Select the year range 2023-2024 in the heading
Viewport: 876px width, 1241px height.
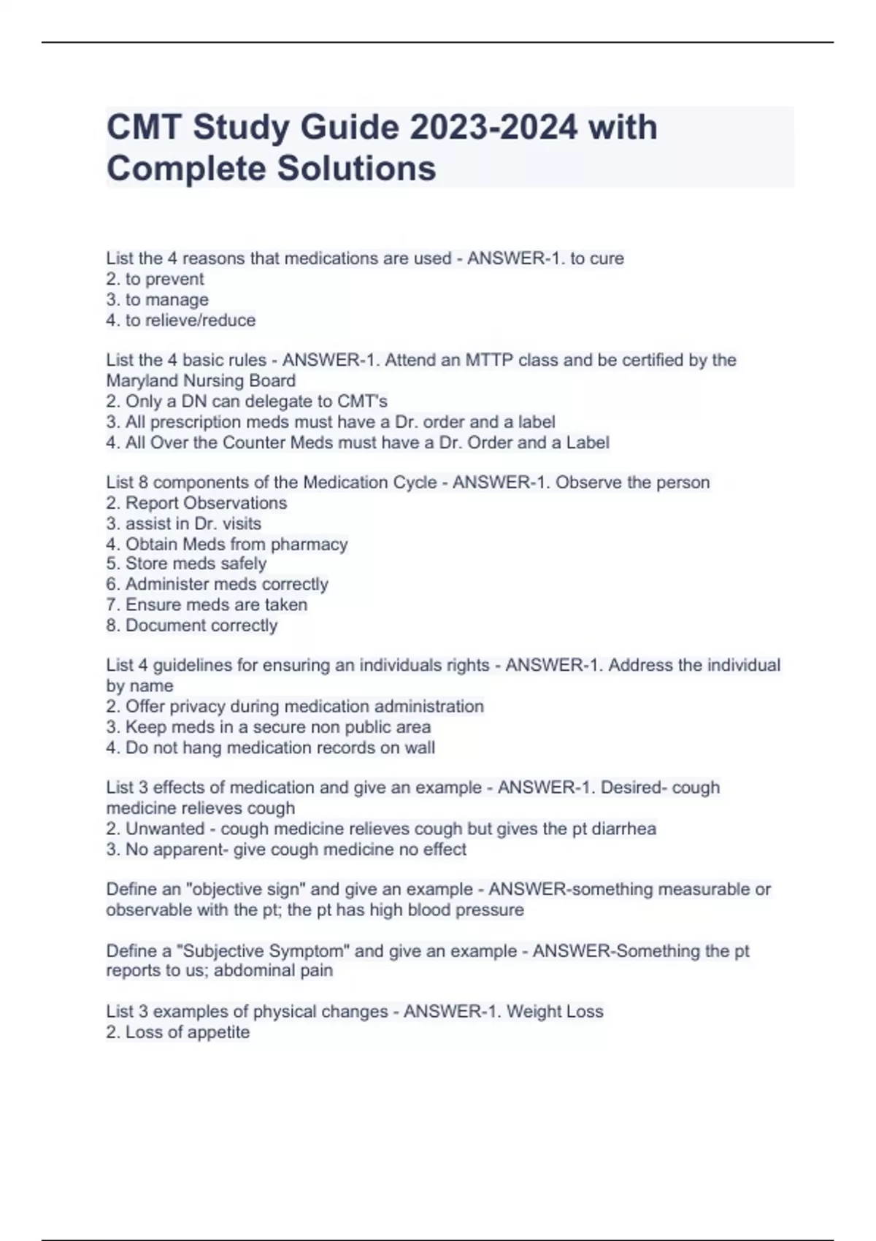pos(494,128)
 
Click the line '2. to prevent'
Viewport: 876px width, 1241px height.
pos(155,279)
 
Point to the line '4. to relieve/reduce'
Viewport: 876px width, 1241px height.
pos(181,320)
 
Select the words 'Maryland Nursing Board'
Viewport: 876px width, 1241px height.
pos(201,380)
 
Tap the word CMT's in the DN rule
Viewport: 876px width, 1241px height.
pos(362,401)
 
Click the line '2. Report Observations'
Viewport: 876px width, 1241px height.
pos(196,503)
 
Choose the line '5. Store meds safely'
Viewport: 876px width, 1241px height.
pos(186,564)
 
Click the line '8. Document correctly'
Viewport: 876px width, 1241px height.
pos(192,625)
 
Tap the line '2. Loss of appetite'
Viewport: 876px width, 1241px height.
pos(177,1031)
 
